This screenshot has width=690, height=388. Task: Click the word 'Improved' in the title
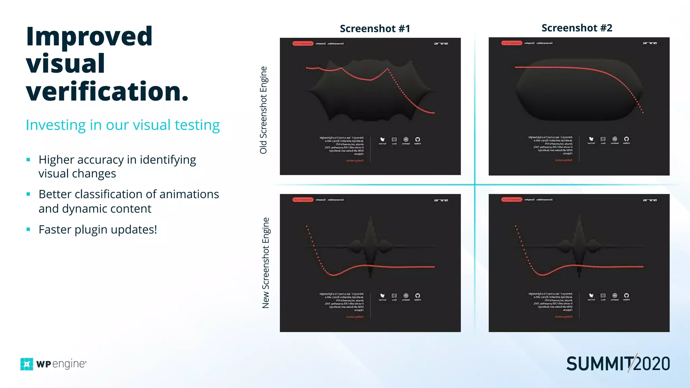point(89,36)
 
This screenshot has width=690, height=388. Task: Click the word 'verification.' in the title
point(107,92)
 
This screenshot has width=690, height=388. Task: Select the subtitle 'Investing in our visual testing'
point(123,125)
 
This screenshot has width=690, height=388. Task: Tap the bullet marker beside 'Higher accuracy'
point(28,160)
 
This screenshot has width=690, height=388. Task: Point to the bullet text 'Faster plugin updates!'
point(98,229)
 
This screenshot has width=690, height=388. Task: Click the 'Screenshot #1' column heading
point(375,29)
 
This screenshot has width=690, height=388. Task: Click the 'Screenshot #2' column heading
point(577,28)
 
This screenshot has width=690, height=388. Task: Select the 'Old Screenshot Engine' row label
point(263,110)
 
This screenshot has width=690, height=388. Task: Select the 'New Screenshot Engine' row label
point(265,263)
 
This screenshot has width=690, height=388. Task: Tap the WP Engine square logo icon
point(27,364)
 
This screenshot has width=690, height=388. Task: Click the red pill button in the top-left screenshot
point(303,43)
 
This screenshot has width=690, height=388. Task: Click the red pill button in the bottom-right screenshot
point(511,200)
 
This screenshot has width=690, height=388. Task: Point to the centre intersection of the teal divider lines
point(475,185)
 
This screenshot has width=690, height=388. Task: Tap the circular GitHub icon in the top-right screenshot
point(626,139)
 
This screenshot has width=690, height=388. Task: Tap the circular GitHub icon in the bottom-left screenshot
point(417,295)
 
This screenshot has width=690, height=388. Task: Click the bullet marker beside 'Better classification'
point(28,194)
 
